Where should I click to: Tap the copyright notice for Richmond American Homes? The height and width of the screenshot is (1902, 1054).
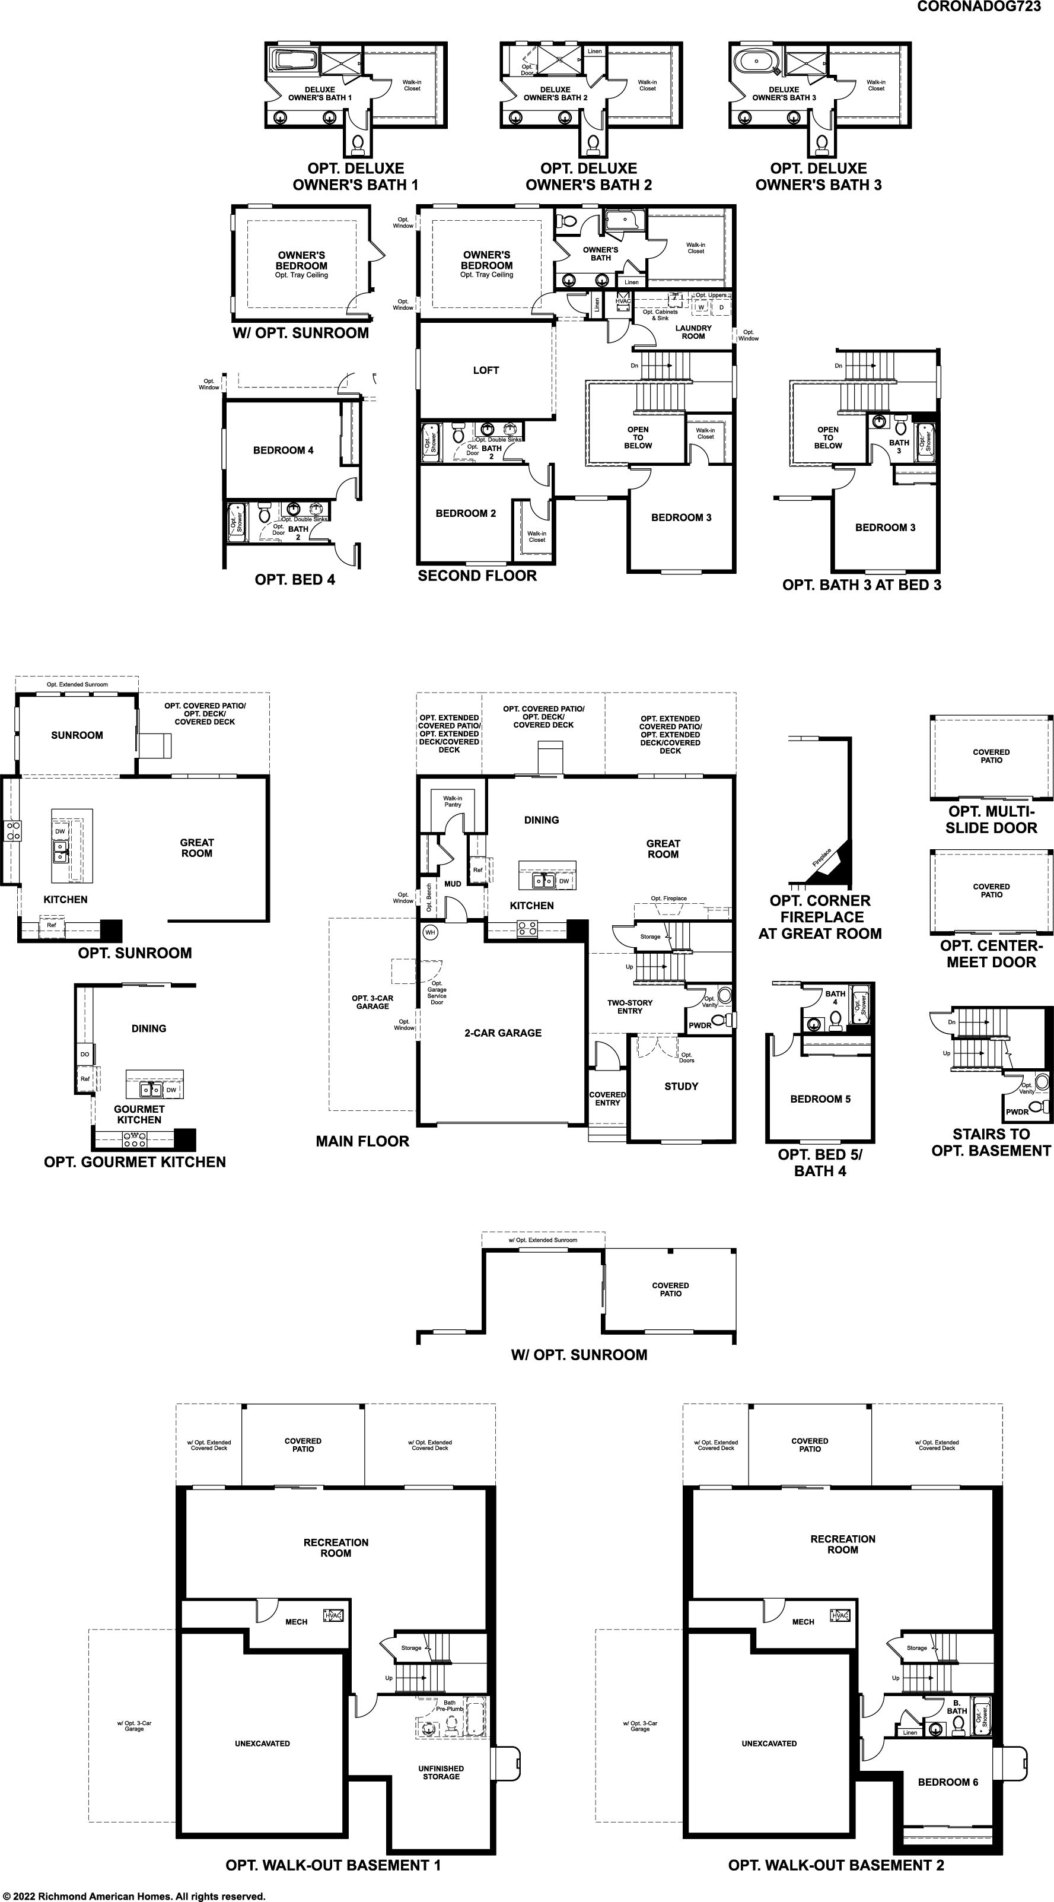133,1895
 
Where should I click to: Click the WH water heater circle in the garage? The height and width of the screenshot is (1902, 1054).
430,932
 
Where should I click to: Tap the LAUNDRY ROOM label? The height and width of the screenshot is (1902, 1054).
693,332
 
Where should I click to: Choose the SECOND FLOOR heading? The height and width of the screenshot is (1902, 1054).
477,576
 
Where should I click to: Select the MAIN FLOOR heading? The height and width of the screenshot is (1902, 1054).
362,1141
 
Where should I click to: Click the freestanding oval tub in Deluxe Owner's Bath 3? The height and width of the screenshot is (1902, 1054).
757,61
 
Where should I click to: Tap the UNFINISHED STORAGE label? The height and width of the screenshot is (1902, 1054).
441,1773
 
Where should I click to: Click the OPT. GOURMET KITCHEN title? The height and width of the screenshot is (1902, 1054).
135,1162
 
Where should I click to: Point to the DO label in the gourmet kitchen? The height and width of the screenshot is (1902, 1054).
85,1055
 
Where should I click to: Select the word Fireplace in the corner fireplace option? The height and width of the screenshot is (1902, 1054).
821,857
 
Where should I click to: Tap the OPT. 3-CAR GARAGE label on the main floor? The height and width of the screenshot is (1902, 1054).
372,1002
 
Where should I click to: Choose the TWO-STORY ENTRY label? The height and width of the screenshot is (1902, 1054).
629,1007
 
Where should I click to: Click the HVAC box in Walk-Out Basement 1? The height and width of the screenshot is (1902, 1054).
335,1617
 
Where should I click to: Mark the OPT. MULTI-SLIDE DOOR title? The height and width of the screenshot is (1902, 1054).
991,820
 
